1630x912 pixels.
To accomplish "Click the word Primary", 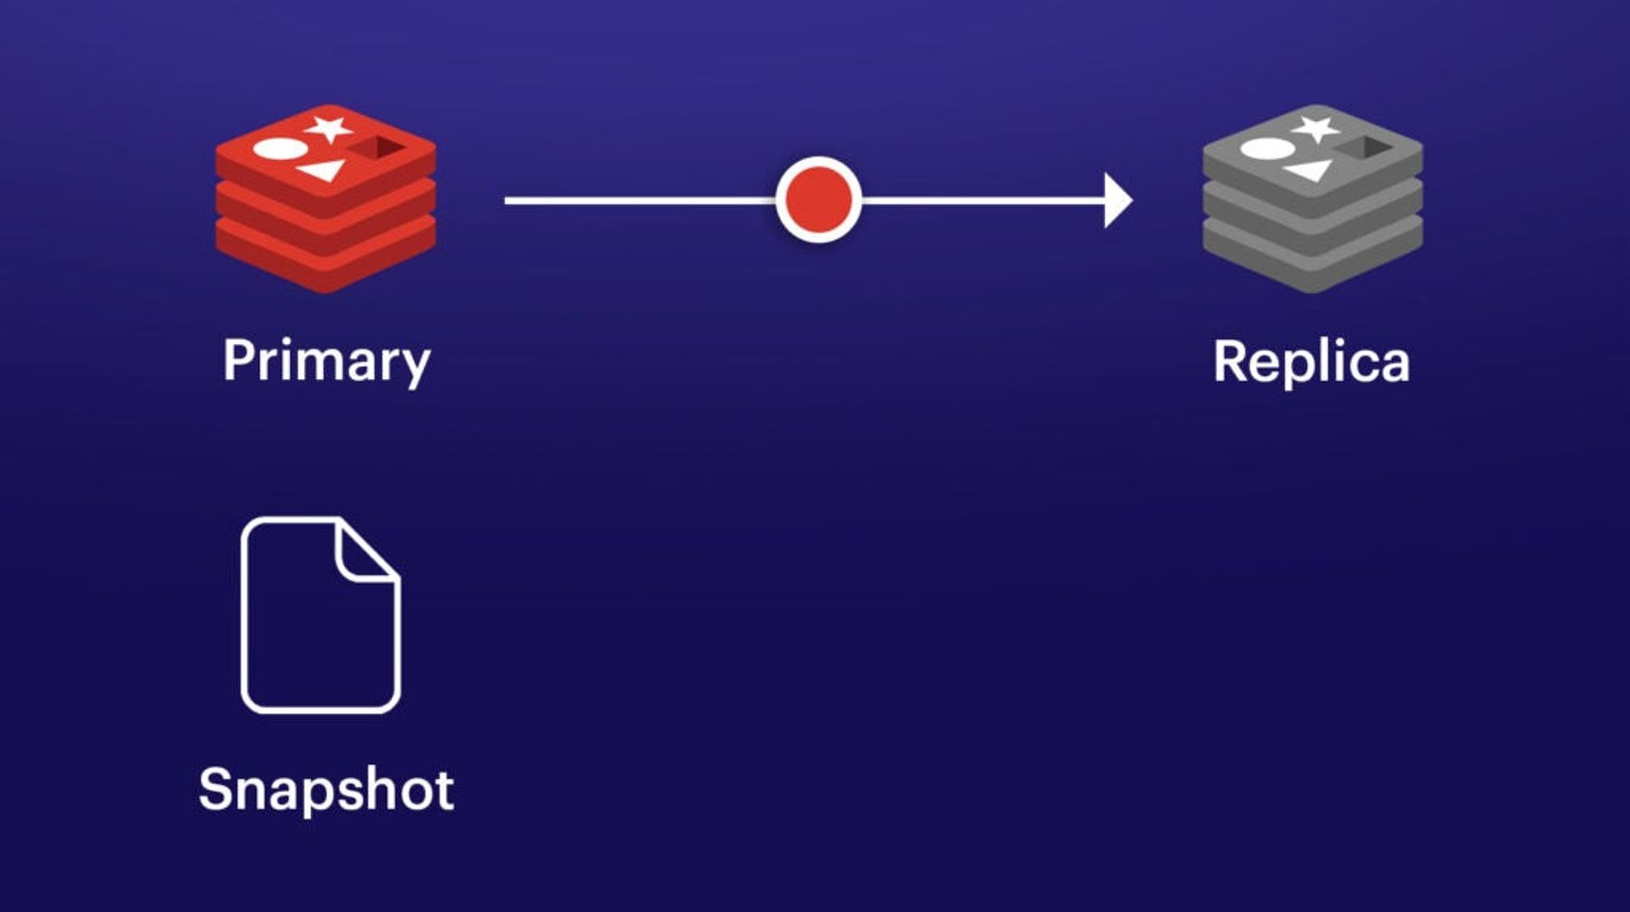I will pyautogui.click(x=327, y=361).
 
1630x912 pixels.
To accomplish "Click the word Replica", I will pyautogui.click(x=1312, y=362).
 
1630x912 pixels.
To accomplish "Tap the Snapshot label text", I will pyautogui.click(x=326, y=789).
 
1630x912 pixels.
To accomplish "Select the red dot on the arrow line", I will pyautogui.click(x=818, y=200).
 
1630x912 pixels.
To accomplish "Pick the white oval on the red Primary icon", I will pyautogui.click(x=281, y=149).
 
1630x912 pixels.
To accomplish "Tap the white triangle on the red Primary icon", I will pyautogui.click(x=324, y=171).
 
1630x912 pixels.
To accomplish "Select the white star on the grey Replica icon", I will pyautogui.click(x=1315, y=129).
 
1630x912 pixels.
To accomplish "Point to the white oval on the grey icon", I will pyautogui.click(x=1267, y=149).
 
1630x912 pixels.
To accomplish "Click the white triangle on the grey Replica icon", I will pyautogui.click(x=1310, y=171).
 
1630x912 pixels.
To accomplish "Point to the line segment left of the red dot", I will pyautogui.click(x=637, y=200).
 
